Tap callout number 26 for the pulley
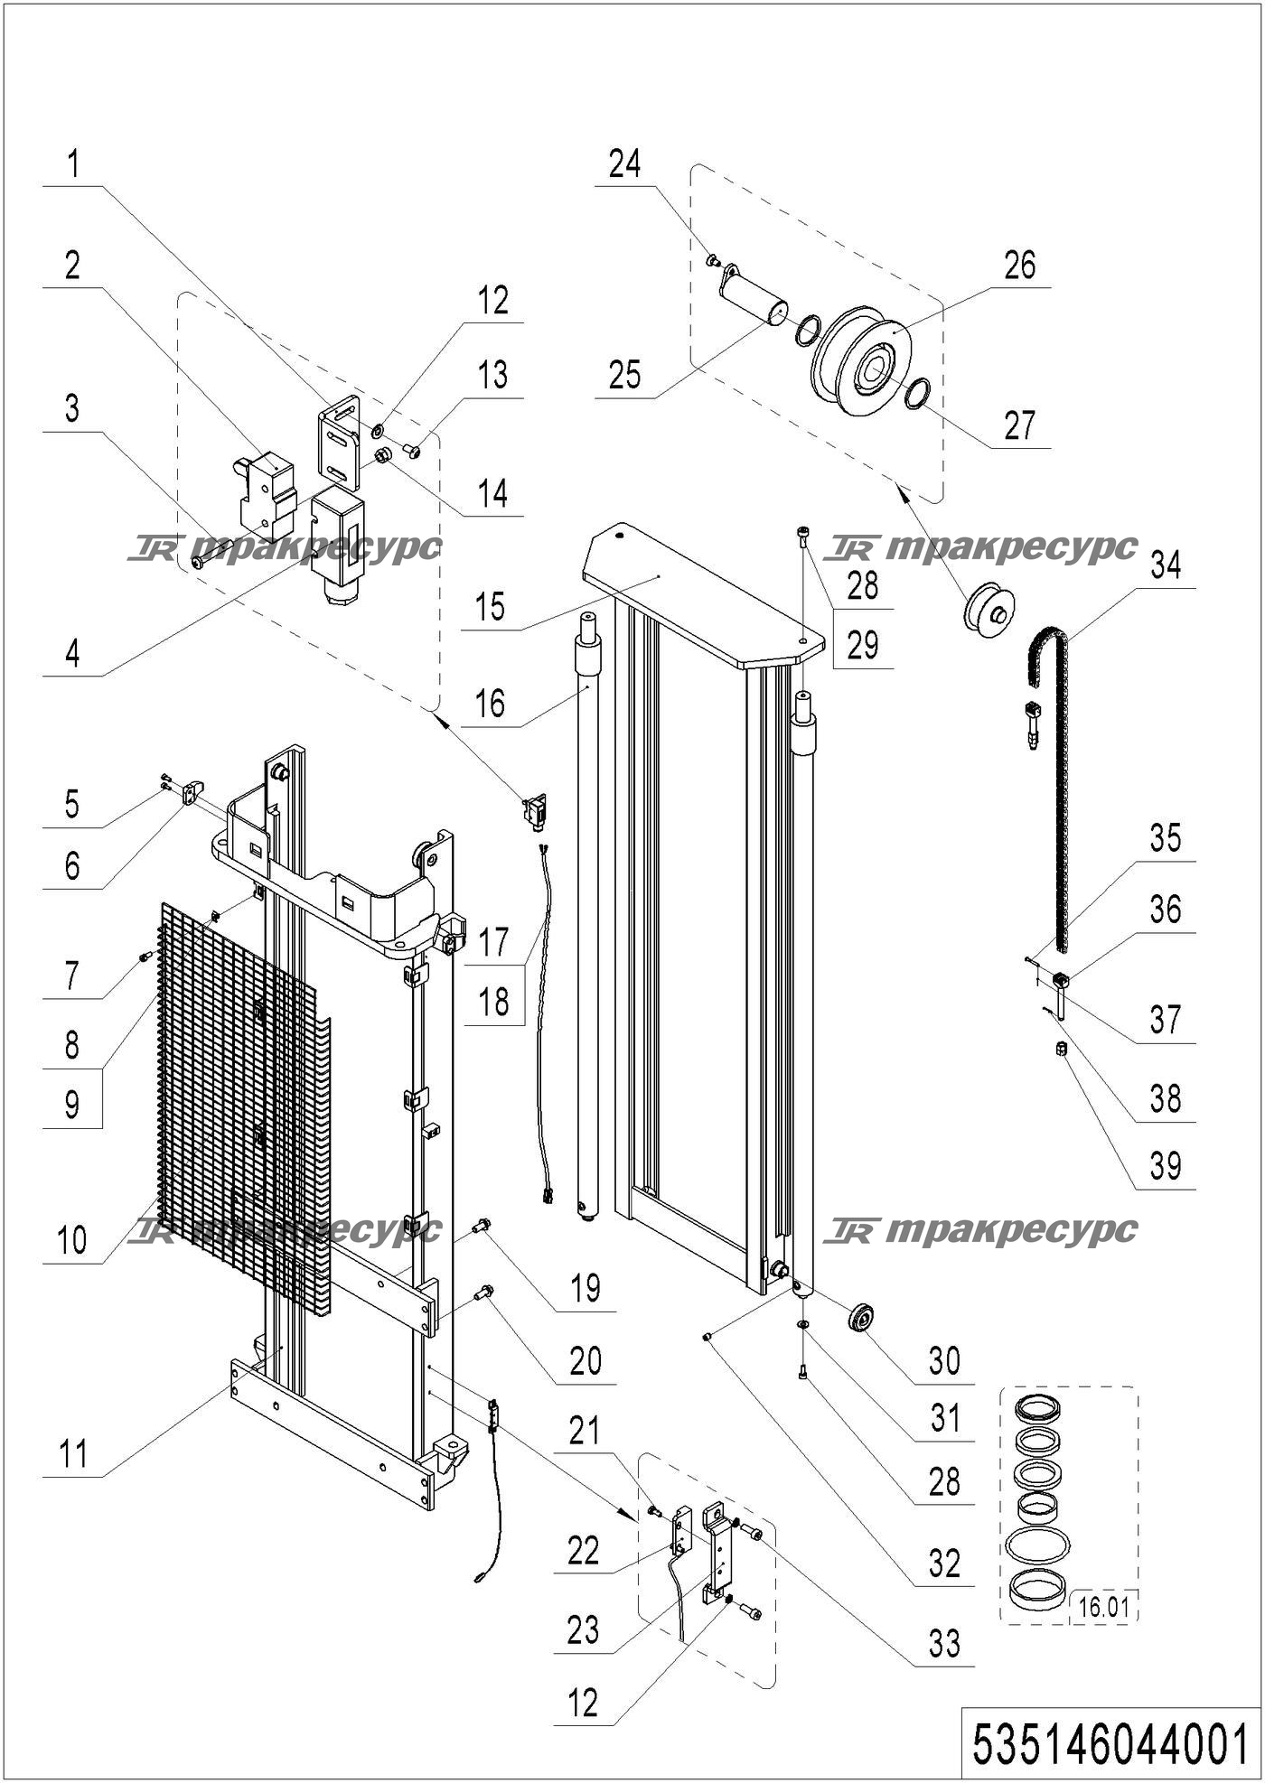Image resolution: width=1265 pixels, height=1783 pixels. (x=1019, y=266)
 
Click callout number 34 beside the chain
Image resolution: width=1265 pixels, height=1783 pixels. (x=1165, y=566)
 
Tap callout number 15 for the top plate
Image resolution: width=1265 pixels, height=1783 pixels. (x=491, y=608)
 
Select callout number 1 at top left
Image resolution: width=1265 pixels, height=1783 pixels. (x=73, y=165)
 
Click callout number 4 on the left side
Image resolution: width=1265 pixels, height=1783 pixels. (x=72, y=653)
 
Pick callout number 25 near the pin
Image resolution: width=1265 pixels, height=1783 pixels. (x=624, y=375)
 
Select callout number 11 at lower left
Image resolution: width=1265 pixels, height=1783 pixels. (x=73, y=1455)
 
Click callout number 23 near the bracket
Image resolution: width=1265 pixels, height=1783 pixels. (x=584, y=1629)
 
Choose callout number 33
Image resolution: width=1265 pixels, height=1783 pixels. (x=944, y=1643)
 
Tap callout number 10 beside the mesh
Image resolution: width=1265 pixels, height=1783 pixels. (x=72, y=1241)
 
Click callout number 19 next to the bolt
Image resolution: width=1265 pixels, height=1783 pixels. (x=586, y=1288)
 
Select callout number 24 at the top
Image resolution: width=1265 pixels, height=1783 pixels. (x=624, y=164)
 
